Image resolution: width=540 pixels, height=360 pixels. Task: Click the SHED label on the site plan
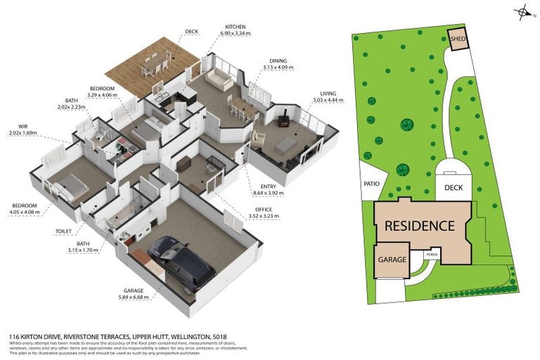(458, 39)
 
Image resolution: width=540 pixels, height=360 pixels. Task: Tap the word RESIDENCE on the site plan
(419, 226)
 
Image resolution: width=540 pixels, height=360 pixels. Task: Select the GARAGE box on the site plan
(392, 259)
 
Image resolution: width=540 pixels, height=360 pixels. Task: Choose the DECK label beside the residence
(454, 188)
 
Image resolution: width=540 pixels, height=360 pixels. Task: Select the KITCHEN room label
(235, 27)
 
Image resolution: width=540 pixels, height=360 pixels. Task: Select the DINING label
(278, 61)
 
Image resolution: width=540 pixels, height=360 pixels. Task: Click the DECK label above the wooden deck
(191, 32)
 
